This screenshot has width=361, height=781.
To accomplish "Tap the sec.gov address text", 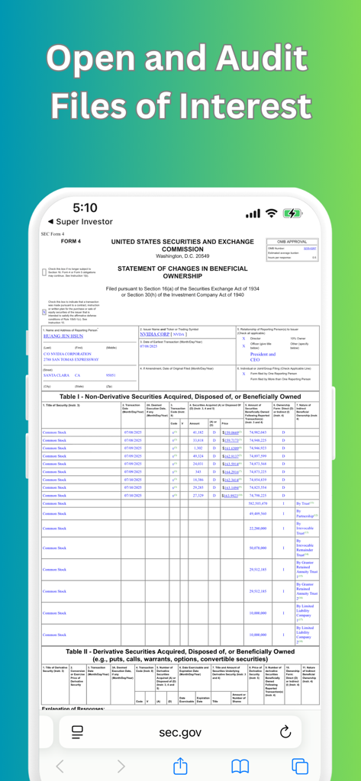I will pos(180,732).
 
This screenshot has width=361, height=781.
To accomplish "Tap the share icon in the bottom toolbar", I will pos(180,766).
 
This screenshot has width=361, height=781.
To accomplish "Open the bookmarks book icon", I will pos(240,766).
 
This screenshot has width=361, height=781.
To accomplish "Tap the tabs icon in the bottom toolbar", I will pos(300,766).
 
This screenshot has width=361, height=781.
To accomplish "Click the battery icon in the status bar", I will pos(292,214).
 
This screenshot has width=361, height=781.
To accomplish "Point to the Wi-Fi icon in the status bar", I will pos(271,214).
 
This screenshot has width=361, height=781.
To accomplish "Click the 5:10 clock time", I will pos(85,207).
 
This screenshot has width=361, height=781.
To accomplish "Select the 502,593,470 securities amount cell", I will pos(257,503).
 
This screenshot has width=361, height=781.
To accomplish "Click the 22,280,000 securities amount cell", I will pos(257,528).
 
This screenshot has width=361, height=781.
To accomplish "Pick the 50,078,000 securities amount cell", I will pos(257,548).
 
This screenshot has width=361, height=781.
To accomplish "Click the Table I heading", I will pos(180,397).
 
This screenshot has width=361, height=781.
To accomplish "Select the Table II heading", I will pos(180,655).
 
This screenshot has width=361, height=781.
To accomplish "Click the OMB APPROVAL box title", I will pos(292,241).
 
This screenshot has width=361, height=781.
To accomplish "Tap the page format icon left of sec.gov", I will pos(77,732).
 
